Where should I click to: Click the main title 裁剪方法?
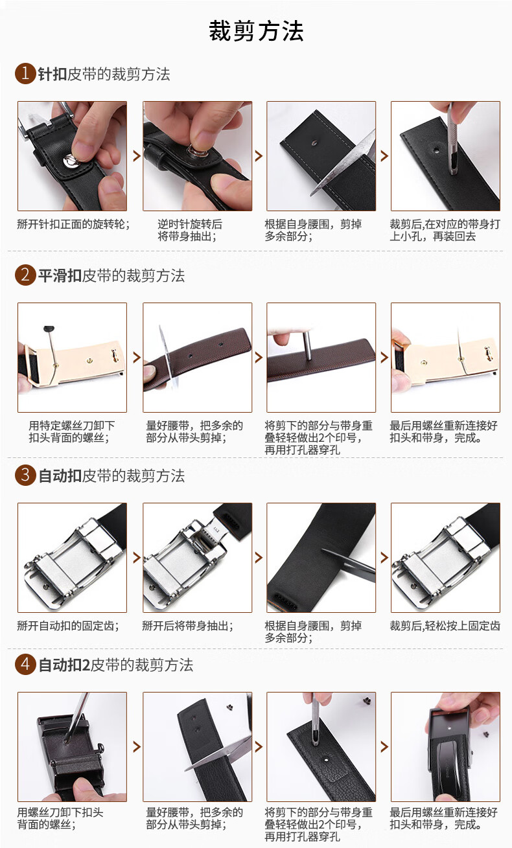[x=256, y=31]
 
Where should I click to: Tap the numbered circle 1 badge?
[x=25, y=73]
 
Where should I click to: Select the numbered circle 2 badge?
[x=25, y=275]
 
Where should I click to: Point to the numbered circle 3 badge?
[x=25, y=475]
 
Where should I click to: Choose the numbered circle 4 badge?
[x=25, y=665]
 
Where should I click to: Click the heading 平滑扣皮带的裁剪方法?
[x=111, y=275]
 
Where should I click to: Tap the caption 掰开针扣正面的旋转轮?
[x=73, y=224]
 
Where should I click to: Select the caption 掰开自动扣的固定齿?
[x=68, y=626]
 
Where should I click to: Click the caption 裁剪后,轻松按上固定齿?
[x=445, y=626]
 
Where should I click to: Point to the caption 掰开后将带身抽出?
[x=188, y=626]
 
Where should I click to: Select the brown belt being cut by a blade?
[x=197, y=358]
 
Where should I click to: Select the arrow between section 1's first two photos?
[x=137, y=156]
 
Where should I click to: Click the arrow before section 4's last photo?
[x=384, y=746]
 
